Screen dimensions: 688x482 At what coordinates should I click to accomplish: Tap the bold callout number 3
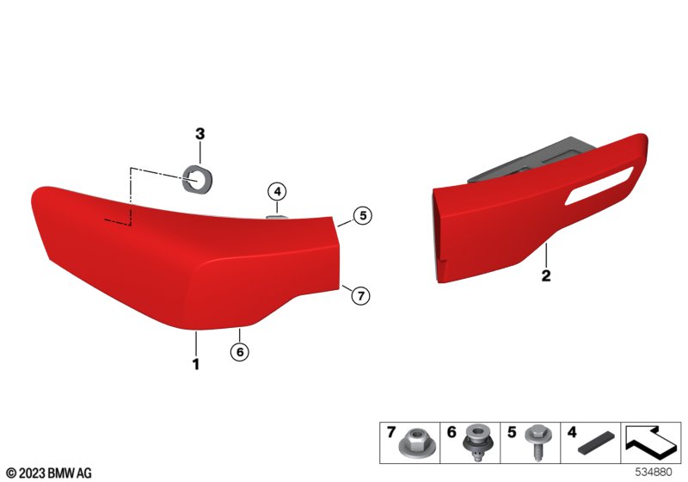pyautogui.click(x=200, y=133)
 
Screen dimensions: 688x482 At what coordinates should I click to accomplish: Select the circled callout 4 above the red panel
pyautogui.click(x=277, y=192)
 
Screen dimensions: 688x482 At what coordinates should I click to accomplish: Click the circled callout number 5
pyautogui.click(x=363, y=215)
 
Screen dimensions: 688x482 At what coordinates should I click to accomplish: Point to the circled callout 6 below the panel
pyautogui.click(x=240, y=352)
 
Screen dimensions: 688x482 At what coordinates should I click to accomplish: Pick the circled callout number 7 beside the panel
pyautogui.click(x=360, y=295)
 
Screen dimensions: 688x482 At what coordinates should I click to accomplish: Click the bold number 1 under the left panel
pyautogui.click(x=196, y=364)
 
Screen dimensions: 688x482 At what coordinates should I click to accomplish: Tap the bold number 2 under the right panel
pyautogui.click(x=546, y=275)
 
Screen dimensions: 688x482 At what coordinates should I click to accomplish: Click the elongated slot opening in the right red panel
pyautogui.click(x=599, y=186)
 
